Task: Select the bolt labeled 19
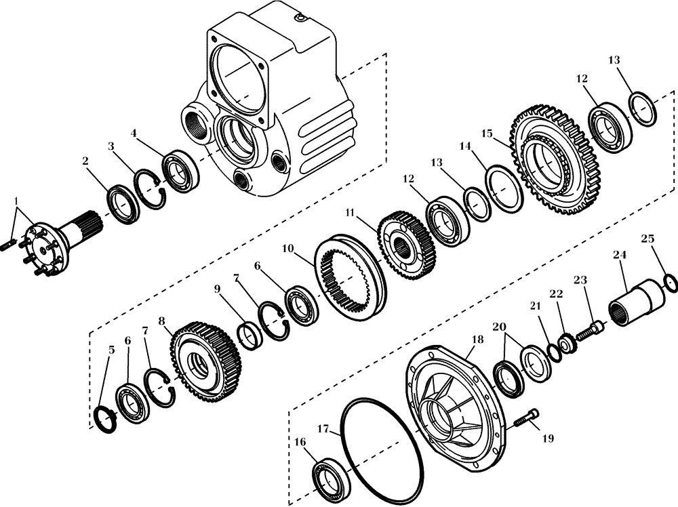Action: tap(526, 418)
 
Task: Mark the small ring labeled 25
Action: tap(670, 282)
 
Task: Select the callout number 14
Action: tap(464, 146)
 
